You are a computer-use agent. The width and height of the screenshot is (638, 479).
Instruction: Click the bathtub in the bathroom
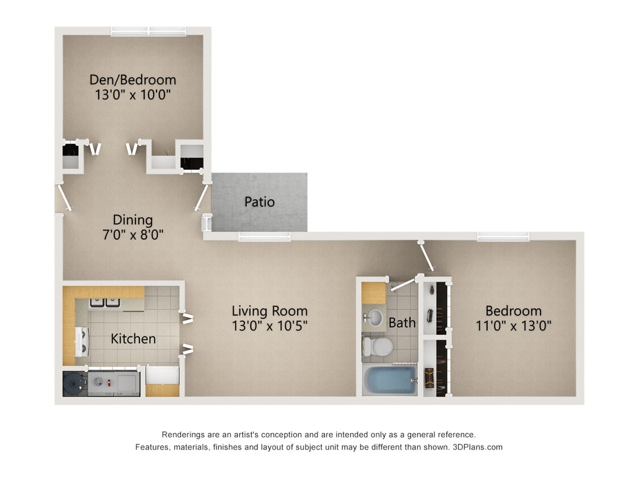(x=390, y=379)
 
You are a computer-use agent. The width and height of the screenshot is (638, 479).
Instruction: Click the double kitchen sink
(x=105, y=302)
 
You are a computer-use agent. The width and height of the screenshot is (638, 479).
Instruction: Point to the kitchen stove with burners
(x=81, y=342)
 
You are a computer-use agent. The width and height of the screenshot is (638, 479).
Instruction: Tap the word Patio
(x=259, y=201)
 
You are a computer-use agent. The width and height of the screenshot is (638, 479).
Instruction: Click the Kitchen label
(x=133, y=339)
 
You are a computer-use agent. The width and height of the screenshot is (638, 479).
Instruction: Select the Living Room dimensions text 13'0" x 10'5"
(x=270, y=326)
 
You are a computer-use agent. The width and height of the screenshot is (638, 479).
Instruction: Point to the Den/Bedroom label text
(x=133, y=79)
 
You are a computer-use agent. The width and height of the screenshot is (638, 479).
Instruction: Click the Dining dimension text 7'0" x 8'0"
(x=133, y=234)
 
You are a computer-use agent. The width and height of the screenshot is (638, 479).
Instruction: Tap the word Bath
(x=402, y=323)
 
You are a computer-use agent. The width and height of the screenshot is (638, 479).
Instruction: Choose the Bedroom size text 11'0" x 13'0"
(x=513, y=326)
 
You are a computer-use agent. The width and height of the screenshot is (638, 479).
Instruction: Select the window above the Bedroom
(x=503, y=236)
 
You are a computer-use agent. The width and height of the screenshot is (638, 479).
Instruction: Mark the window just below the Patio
(x=264, y=236)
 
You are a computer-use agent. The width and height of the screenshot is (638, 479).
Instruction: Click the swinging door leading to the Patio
(x=201, y=198)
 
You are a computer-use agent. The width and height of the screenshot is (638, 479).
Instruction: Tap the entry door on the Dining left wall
(x=64, y=196)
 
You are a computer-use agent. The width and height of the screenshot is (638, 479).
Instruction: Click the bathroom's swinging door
(x=404, y=284)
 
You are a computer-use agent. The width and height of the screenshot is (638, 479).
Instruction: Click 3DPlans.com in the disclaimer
(x=478, y=447)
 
